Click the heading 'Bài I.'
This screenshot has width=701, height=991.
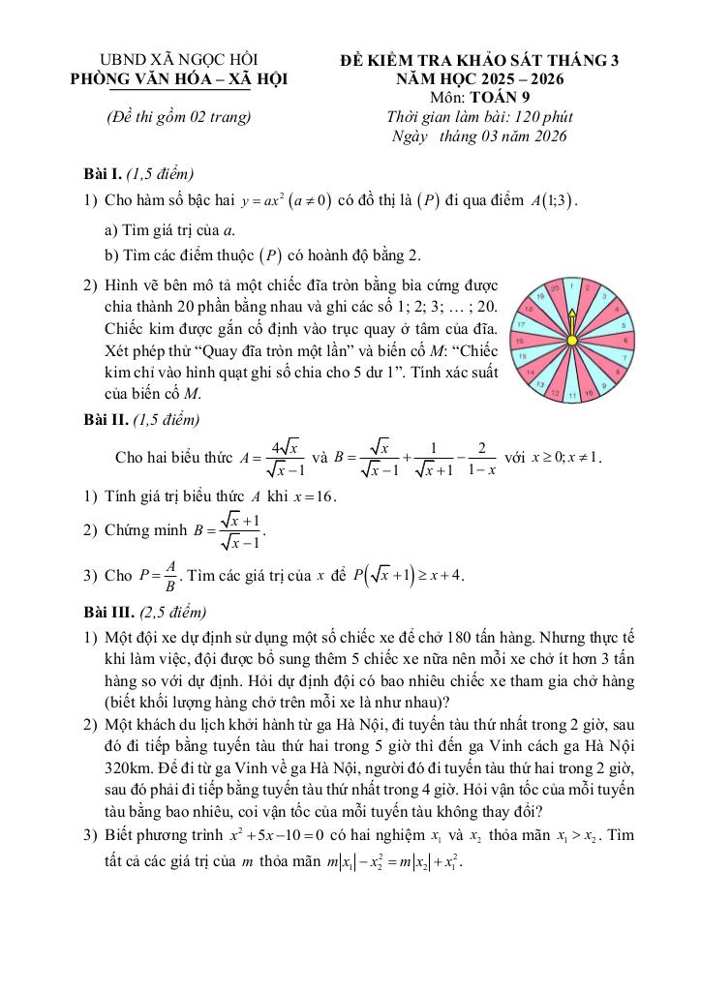click(x=103, y=174)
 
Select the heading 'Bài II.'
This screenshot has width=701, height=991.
click(x=106, y=420)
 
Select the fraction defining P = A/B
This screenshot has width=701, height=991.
click(x=158, y=575)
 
